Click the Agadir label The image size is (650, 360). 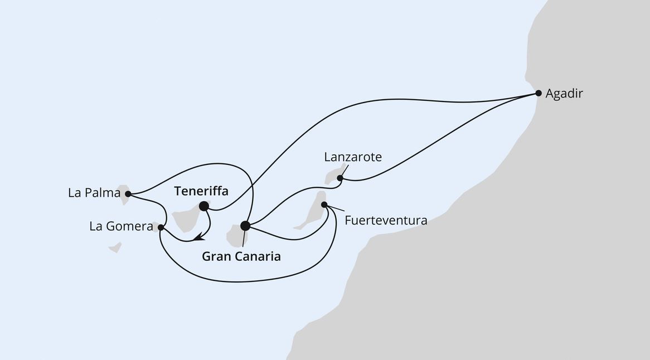(x=564, y=94)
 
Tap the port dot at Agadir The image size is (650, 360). (x=538, y=93)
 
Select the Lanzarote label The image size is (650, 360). (x=353, y=157)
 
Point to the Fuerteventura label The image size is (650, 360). (x=386, y=220)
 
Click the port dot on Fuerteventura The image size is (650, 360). (x=324, y=205)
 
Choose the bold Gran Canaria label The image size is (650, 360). (x=241, y=257)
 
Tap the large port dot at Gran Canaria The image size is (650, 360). (x=245, y=226)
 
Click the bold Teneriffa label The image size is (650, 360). (x=201, y=191)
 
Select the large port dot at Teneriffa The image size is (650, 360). (x=204, y=206)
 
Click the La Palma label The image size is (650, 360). (x=94, y=193)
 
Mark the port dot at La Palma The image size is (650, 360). (x=128, y=194)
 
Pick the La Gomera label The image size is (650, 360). (x=121, y=227)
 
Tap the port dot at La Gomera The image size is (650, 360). (x=161, y=227)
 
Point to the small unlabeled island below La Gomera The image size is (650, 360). (x=115, y=247)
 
